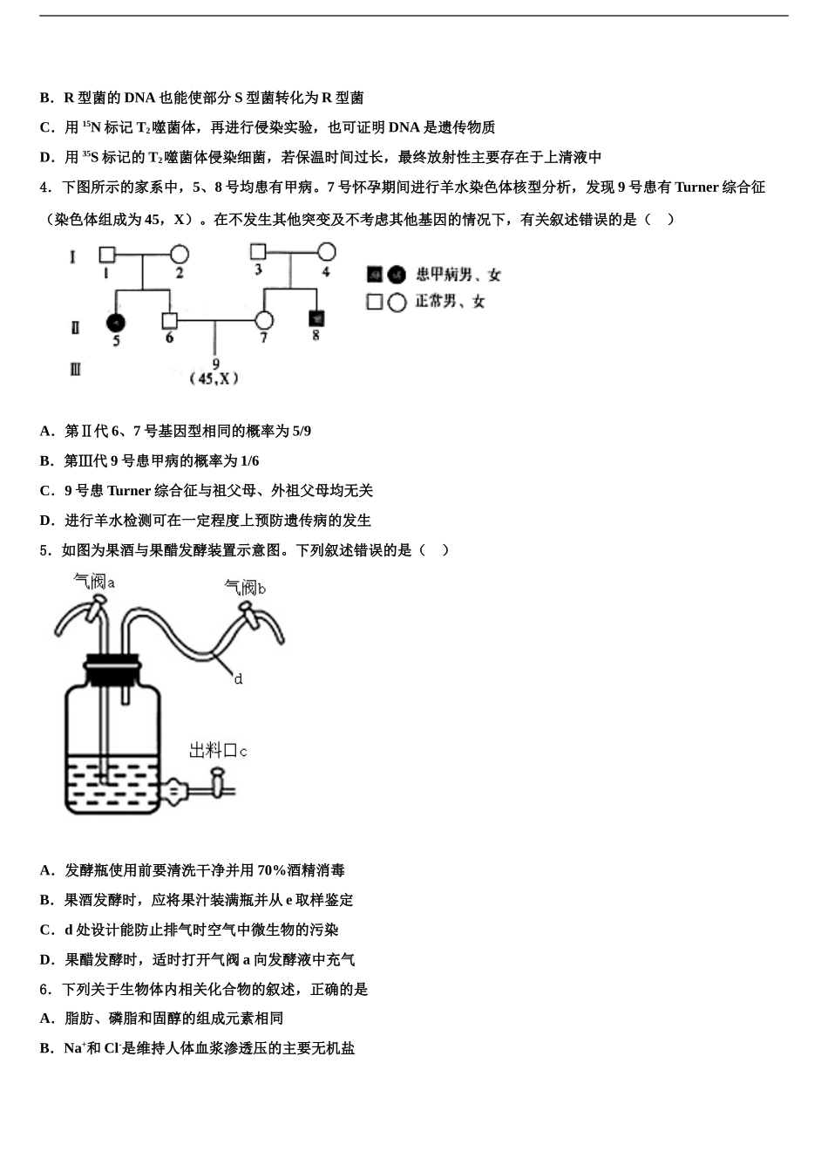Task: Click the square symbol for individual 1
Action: coord(106,255)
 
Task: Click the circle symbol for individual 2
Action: coord(180,255)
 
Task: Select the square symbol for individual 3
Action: coord(258,252)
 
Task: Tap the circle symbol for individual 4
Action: coord(327,252)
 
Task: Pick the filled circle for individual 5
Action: coord(115,323)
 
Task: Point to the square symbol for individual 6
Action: coord(169,321)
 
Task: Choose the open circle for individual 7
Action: coord(264,321)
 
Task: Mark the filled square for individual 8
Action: coord(316,318)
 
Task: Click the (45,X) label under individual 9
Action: coord(214,378)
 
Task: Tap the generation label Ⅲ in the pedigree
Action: coord(75,369)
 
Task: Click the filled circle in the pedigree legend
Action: coord(397,275)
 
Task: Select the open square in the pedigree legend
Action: coord(375,302)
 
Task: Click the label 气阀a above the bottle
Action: coord(94,581)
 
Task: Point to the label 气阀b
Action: coord(245,588)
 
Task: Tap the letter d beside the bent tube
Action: coord(238,678)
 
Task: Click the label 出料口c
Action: coord(218,750)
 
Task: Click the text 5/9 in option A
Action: coord(302,431)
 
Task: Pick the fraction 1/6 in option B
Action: coord(249,460)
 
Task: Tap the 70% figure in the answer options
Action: coord(271,870)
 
